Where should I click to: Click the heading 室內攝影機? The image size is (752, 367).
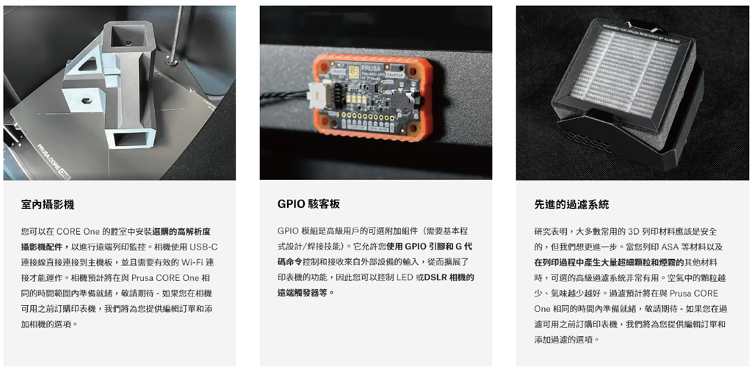pos(48,205)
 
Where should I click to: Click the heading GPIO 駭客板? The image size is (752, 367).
pos(308,204)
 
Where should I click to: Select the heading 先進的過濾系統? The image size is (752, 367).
pos(571,205)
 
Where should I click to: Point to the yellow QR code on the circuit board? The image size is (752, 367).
pos(354,71)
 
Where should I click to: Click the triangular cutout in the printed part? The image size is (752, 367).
pos(90,64)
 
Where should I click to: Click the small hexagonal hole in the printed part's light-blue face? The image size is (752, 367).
pos(86,101)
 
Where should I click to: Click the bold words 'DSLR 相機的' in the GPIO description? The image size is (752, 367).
pos(449,277)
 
